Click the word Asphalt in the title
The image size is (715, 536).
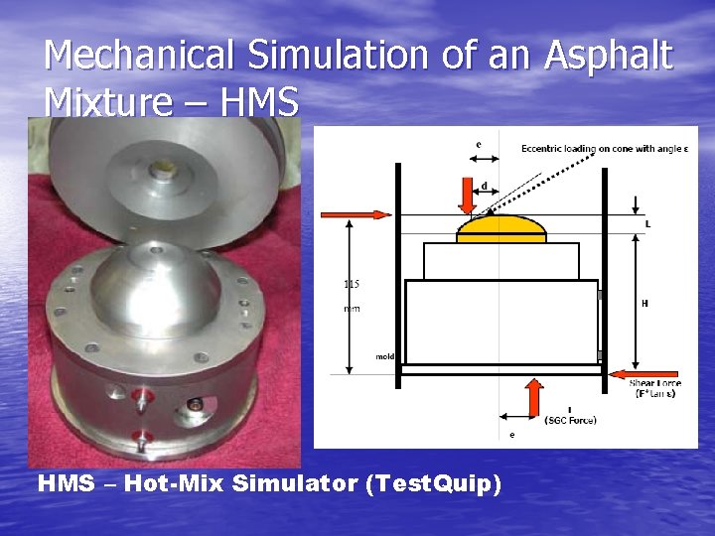point(608,56)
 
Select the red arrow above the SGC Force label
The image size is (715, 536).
point(533,397)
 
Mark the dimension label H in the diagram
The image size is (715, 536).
point(644,304)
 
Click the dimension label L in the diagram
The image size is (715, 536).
point(647,224)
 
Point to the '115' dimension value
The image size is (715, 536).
point(352,284)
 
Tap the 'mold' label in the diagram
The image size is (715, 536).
point(385,355)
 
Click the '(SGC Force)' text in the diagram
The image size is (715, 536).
point(570,420)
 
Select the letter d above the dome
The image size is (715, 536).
point(484,186)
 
